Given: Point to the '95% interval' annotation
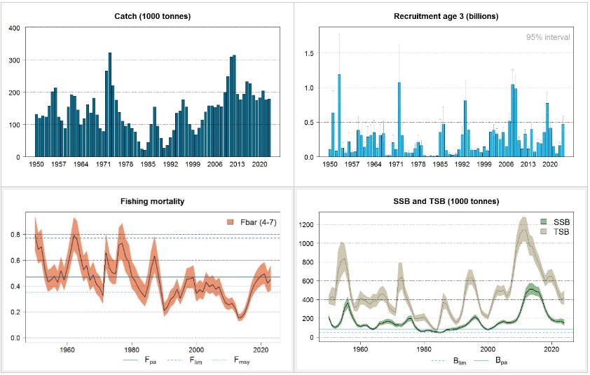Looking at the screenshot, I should point(549,37).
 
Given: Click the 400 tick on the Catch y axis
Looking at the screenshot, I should point(14,28).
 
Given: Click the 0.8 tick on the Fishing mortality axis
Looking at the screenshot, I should point(14,235).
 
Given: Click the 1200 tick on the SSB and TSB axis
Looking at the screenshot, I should point(307,225).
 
